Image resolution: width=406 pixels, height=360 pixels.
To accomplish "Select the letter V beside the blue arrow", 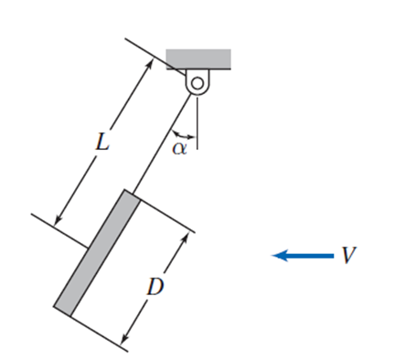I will [x=347, y=255].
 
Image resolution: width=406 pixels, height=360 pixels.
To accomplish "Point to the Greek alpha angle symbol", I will [x=179, y=146].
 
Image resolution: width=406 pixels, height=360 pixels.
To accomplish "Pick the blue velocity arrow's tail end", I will [x=333, y=256].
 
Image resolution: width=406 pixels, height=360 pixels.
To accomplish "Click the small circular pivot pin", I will [x=197, y=82].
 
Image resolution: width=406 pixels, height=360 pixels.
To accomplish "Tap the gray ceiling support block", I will [x=198, y=58].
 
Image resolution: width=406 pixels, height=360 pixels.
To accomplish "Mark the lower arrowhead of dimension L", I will [x=59, y=221].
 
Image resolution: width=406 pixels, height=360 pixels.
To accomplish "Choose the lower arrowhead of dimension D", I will [x=125, y=342].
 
